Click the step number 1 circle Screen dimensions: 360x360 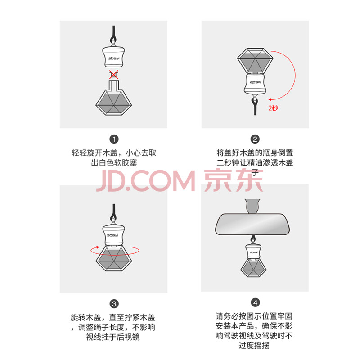(x=114, y=139)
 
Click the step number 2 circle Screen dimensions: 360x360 (x=255, y=139)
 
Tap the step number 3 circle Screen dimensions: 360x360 (x=114, y=304)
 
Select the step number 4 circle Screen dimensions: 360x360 (x=255, y=302)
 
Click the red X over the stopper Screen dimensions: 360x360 (x=114, y=75)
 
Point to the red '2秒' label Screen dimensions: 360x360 (x=273, y=108)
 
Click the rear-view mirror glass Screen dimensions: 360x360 (x=252, y=224)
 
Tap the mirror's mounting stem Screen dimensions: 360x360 (x=252, y=206)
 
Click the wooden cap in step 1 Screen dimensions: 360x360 (x=113, y=57)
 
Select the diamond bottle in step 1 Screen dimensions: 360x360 (x=114, y=99)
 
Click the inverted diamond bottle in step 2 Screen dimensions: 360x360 (x=255, y=61)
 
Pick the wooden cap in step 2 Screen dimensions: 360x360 (x=255, y=84)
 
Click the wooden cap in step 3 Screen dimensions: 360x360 (x=113, y=235)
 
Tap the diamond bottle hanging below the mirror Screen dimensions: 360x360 (x=253, y=267)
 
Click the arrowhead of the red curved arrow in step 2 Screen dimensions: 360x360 (x=270, y=99)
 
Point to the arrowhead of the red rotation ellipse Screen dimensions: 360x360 (x=98, y=247)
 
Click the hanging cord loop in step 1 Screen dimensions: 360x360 (x=114, y=36)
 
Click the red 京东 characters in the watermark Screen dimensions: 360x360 (x=234, y=180)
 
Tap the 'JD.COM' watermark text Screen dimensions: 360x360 (x=145, y=181)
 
